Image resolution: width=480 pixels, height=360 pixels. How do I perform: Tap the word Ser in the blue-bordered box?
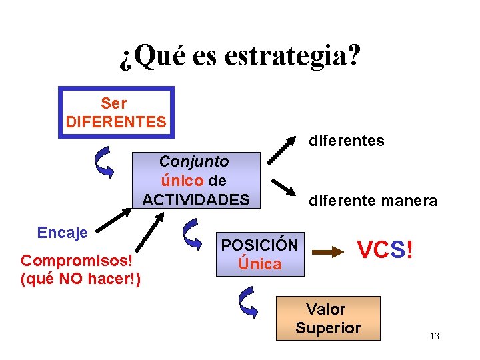(x=114, y=103)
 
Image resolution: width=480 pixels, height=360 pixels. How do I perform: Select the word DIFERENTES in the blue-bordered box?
(x=116, y=122)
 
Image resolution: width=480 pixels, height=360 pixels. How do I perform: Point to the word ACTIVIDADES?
(x=196, y=199)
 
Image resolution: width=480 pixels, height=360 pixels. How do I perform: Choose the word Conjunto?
(x=194, y=161)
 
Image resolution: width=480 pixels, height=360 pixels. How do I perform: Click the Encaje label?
(x=63, y=233)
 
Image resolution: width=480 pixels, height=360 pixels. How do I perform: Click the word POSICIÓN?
(x=260, y=245)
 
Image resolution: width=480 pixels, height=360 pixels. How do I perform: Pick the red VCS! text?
(x=385, y=250)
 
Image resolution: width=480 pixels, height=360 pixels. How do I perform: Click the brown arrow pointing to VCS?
(x=327, y=252)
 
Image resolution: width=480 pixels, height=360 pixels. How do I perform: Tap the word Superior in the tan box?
(x=328, y=328)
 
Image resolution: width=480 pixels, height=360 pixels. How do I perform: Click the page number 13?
(x=434, y=336)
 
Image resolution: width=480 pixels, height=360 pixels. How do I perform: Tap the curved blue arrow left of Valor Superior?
(x=247, y=302)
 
